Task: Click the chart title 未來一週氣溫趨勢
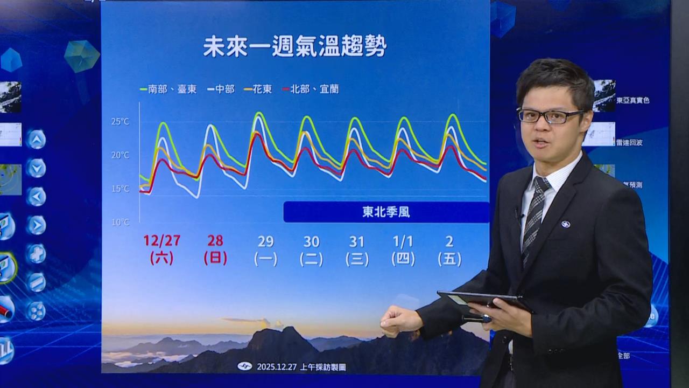coord(295,47)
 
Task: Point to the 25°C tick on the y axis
coord(121,122)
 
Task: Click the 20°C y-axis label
coord(121,155)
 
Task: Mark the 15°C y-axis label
coord(121,189)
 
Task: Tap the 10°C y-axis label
coord(121,221)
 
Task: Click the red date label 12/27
coord(161,241)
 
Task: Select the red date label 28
coord(215,241)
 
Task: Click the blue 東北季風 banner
coord(386,212)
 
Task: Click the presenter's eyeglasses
coord(550,115)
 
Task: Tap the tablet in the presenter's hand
coord(484,301)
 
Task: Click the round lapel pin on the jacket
coord(565,224)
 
